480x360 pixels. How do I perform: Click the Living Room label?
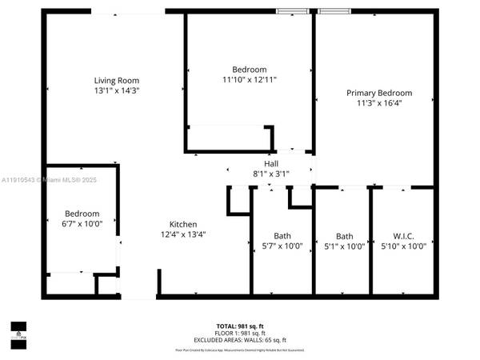pyautogui.click(x=117, y=80)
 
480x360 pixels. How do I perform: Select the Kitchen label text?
pyautogui.click(x=183, y=224)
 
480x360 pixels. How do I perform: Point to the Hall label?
pyautogui.click(x=271, y=164)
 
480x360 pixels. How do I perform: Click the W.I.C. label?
pyautogui.click(x=403, y=236)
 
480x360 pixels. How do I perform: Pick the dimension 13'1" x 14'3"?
pyautogui.click(x=117, y=90)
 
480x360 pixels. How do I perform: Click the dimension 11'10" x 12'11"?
pyautogui.click(x=250, y=80)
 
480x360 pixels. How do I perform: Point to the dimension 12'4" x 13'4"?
pyautogui.click(x=183, y=234)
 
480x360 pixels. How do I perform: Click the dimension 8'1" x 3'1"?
pyautogui.click(x=271, y=174)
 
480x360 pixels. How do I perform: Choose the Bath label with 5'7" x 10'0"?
pyautogui.click(x=282, y=236)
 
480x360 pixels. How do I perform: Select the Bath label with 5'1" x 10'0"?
pyautogui.click(x=345, y=236)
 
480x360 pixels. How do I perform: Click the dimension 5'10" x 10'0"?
pyautogui.click(x=403, y=246)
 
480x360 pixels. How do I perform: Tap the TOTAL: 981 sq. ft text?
pyautogui.click(x=239, y=326)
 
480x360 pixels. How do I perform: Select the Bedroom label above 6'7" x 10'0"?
pyautogui.click(x=82, y=214)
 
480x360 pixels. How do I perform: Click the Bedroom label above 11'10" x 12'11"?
pyautogui.click(x=250, y=70)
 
